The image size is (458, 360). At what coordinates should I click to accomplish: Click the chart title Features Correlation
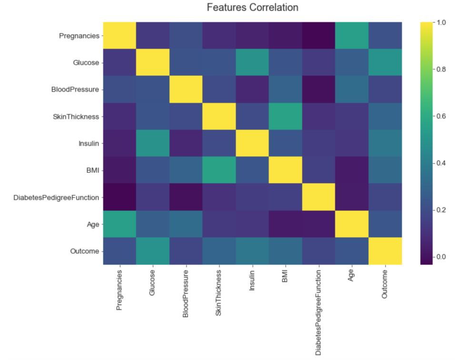coord(252,8)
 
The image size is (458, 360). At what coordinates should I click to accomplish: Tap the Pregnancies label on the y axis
coord(80,35)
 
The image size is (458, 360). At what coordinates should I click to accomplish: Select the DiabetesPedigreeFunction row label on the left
coord(57,197)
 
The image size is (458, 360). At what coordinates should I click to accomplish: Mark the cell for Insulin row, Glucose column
coord(152,143)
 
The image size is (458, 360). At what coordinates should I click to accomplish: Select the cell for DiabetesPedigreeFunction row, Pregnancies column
coord(119,197)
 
